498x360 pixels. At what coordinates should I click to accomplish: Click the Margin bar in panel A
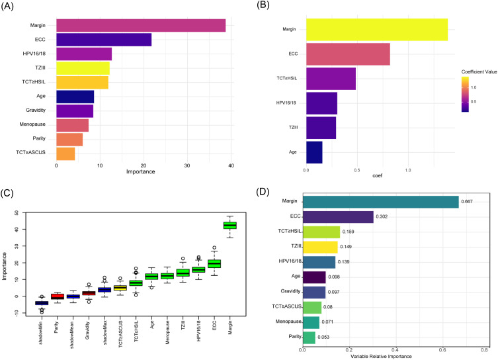pos(141,25)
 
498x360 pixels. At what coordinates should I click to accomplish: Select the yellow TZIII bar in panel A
pos(83,67)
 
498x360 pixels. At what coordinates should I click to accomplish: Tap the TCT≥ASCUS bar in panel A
pos(65,154)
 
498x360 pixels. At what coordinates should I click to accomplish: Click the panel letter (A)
pos(11,6)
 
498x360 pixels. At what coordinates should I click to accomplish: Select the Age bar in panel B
pos(314,152)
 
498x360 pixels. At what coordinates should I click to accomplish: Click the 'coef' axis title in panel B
pos(378,177)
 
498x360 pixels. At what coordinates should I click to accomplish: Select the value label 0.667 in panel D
pos(468,202)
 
